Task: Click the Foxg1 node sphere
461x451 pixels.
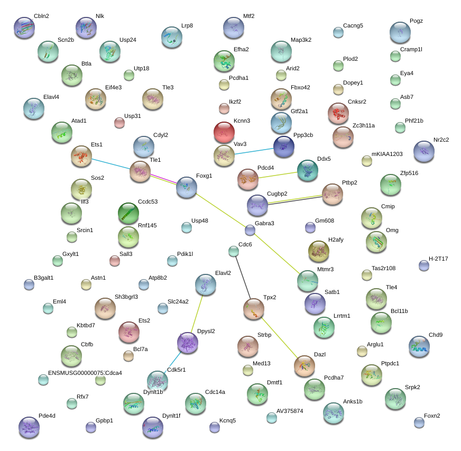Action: tap(186, 187)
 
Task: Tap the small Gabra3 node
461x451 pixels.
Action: tap(250, 230)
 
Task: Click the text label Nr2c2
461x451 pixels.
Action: tap(441, 140)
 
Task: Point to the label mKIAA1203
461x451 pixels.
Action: tap(387, 154)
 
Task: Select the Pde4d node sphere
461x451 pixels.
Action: tap(29, 427)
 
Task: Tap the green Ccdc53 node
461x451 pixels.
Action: tap(128, 213)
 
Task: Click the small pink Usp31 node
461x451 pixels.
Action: tap(119, 123)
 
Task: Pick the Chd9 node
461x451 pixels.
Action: tap(419, 346)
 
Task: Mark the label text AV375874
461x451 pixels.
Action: tap(290, 411)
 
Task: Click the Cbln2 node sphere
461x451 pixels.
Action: tap(24, 27)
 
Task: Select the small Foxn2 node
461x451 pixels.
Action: tap(419, 422)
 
